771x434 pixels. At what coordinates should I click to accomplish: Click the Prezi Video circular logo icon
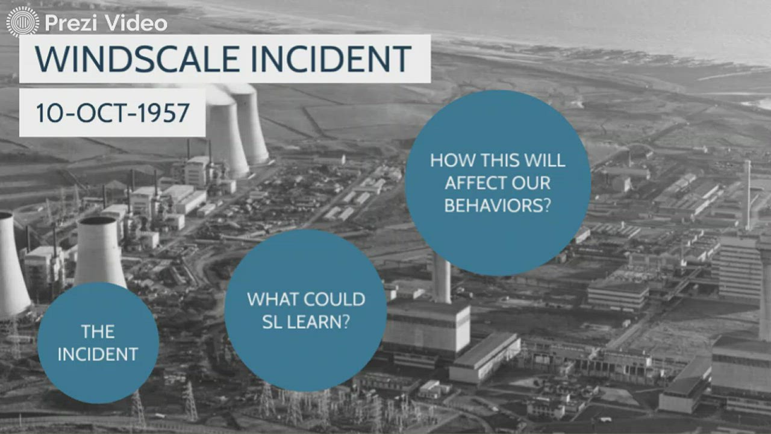tap(22, 22)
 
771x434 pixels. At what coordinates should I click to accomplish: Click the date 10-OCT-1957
tap(113, 113)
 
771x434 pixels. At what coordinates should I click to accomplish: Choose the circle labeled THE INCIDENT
tap(98, 342)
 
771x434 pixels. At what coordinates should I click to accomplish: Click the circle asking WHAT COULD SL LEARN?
tap(305, 310)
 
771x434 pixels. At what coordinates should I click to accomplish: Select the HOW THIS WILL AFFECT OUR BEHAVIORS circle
tap(498, 183)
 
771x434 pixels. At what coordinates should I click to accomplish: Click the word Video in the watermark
tap(136, 24)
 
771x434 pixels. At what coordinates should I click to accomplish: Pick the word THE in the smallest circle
tap(98, 331)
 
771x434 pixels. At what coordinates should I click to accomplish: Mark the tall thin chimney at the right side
tap(747, 193)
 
